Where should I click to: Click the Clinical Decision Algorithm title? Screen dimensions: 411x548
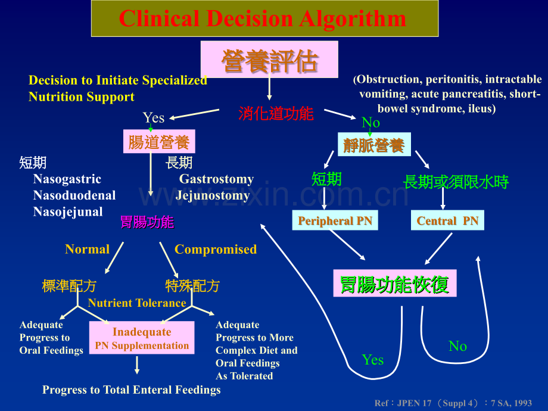[264, 19]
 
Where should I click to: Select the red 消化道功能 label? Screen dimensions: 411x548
[276, 114]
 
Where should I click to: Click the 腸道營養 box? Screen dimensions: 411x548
[159, 142]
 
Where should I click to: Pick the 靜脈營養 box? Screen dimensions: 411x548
[374, 145]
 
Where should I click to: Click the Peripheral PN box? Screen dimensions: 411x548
[335, 221]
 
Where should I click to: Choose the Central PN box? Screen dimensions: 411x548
[447, 221]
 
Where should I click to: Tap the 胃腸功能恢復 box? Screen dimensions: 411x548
[394, 284]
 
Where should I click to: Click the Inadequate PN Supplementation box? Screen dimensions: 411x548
[142, 338]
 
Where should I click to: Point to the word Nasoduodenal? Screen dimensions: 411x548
[74, 195]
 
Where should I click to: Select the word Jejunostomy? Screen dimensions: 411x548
[213, 195]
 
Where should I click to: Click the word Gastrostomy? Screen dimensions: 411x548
[216, 179]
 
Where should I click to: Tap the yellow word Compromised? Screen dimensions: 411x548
[216, 250]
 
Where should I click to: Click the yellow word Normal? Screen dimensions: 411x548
[88, 250]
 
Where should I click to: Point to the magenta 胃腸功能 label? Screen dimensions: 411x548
[147, 223]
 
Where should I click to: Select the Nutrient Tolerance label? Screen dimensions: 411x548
[137, 303]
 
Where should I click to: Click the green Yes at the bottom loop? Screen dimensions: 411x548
[373, 360]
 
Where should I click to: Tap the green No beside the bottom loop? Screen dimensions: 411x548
[457, 347]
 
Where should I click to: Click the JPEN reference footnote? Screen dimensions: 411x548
[453, 403]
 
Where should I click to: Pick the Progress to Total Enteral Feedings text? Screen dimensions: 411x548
[132, 390]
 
